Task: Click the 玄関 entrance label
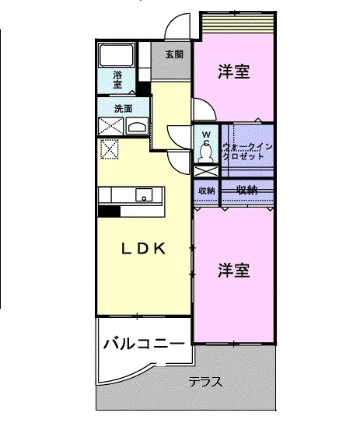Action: point(174,54)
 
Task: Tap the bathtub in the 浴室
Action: point(116,55)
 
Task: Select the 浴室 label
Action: point(117,79)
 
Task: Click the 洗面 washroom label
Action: point(123,109)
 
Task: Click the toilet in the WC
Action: point(207,153)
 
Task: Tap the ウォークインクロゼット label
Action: point(247,152)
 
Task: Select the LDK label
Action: point(143,249)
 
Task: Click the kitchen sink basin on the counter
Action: point(144,194)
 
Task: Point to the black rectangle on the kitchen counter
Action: point(109,212)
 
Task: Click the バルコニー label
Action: point(144,344)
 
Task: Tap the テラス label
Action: point(205,382)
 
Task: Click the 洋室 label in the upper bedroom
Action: point(234,72)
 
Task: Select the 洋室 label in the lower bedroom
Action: point(234,270)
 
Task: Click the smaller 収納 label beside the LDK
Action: point(207,191)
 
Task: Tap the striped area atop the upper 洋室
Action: point(238,23)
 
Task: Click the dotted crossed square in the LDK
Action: point(110,149)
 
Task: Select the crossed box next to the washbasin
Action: point(110,126)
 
